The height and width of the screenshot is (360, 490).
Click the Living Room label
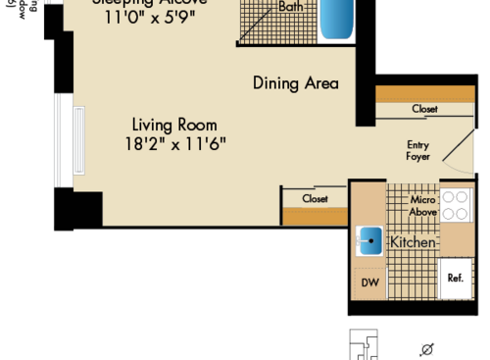(174, 125)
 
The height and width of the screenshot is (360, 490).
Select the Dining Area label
(295, 83)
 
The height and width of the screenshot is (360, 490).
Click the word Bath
(291, 6)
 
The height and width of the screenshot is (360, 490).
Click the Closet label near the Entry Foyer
(424, 109)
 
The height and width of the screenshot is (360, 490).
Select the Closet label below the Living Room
(315, 198)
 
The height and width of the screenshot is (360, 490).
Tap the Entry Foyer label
(418, 150)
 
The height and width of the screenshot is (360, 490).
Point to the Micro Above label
(422, 206)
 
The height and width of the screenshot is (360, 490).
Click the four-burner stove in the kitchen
(455, 205)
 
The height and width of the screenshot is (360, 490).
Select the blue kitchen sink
(369, 240)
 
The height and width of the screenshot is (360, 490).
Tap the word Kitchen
(414, 241)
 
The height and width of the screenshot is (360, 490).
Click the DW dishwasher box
(369, 284)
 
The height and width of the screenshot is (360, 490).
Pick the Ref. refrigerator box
(455, 278)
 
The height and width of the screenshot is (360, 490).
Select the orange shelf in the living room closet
(314, 216)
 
